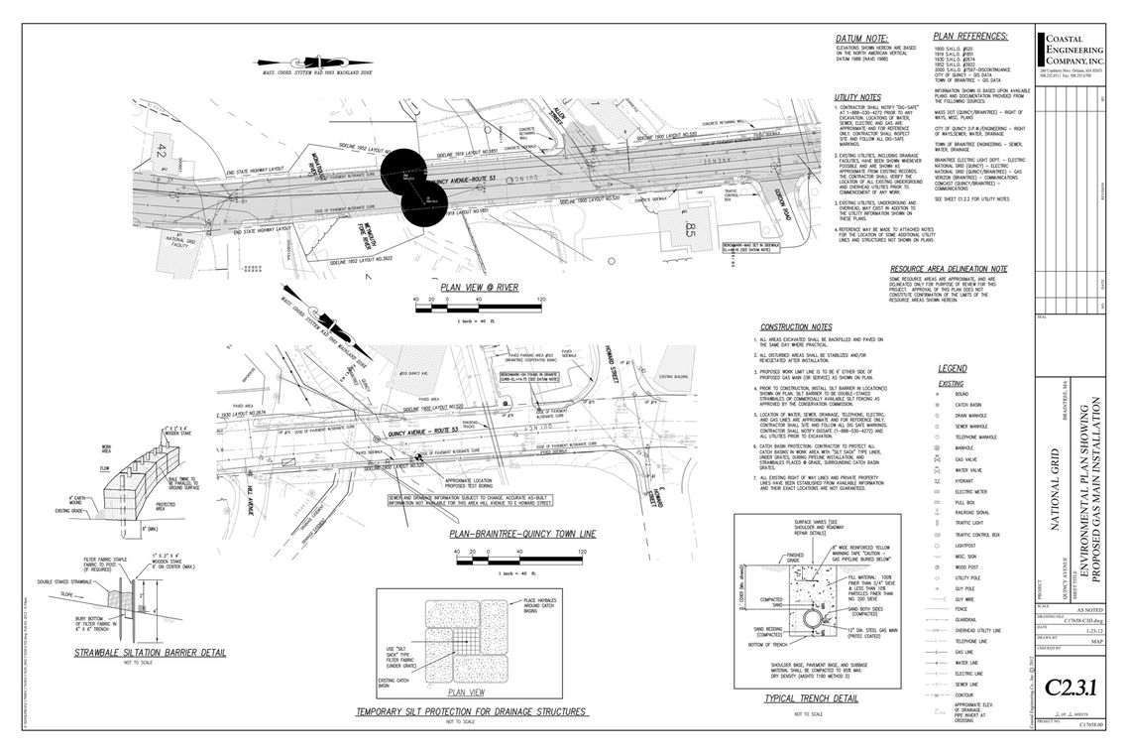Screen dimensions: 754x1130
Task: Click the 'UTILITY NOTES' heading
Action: (x=857, y=97)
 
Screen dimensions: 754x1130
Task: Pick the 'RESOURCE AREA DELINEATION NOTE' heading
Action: (x=949, y=269)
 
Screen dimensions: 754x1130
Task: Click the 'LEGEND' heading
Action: (x=952, y=368)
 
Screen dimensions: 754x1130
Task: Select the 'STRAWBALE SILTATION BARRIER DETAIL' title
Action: (x=150, y=653)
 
